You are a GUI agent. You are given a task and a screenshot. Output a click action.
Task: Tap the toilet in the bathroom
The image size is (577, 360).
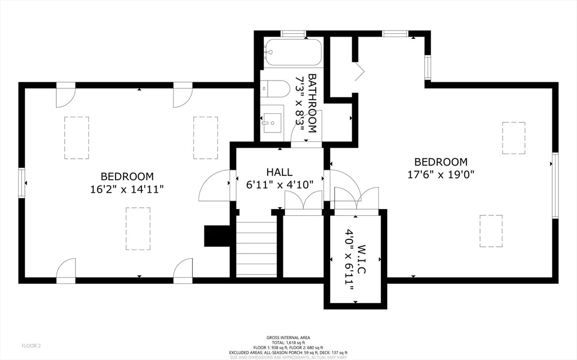point(276,88)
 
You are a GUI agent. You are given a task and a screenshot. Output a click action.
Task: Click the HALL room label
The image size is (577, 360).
point(279,172)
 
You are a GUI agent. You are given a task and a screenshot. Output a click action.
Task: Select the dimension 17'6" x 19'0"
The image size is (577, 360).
point(441,174)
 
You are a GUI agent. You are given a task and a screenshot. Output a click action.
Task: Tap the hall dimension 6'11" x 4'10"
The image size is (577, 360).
point(279,184)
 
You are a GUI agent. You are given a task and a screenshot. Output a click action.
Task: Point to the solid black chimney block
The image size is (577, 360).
point(216,235)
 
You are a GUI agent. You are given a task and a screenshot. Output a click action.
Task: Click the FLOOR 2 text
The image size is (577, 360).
point(31,345)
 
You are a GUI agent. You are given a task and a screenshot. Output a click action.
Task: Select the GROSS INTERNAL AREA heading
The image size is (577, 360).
point(288,337)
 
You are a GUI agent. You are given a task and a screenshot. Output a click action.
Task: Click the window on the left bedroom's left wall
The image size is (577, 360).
point(22,183)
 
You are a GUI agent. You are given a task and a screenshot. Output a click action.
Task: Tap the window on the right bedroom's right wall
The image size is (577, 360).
point(555,185)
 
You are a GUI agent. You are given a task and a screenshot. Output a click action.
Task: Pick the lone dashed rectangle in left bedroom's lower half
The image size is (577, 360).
point(138,229)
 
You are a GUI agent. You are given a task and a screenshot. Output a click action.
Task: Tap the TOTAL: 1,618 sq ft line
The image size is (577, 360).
point(288,343)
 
